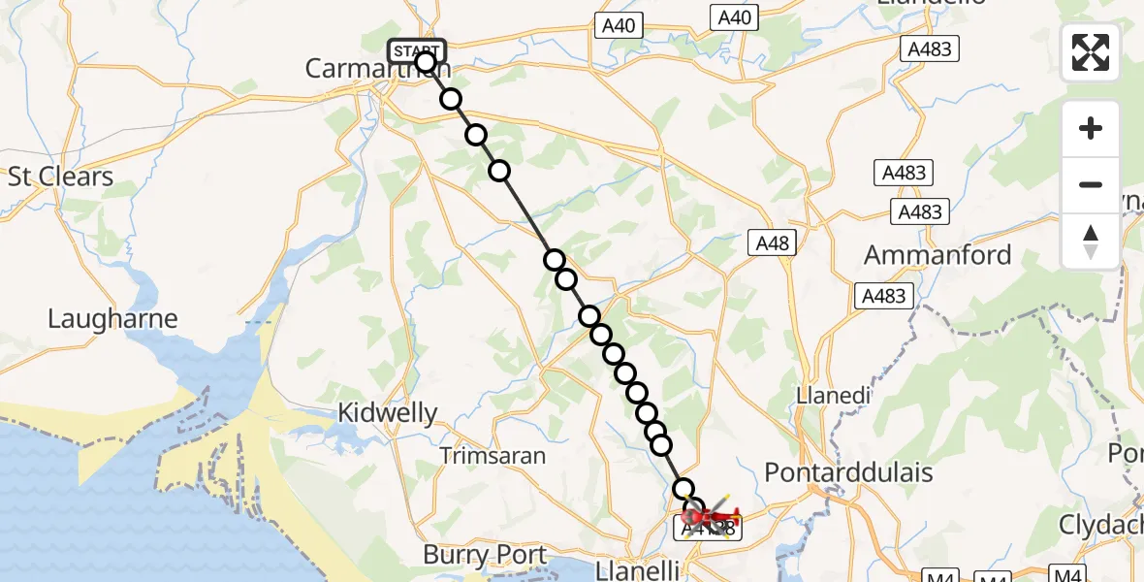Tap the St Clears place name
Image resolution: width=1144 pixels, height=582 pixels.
tap(60, 177)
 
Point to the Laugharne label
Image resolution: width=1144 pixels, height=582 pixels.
tap(113, 319)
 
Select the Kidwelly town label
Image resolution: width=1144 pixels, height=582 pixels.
tap(387, 413)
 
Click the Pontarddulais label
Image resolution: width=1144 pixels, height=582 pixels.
tap(848, 472)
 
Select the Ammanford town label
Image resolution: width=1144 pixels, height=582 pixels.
tap(937, 256)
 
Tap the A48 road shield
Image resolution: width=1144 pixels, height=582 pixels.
tap(772, 243)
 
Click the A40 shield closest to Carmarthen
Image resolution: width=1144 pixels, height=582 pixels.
tap(619, 25)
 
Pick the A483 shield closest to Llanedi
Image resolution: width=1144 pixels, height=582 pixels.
tap(882, 296)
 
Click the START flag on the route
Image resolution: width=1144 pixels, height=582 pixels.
tap(416, 50)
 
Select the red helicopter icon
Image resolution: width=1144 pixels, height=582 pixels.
tap(715, 516)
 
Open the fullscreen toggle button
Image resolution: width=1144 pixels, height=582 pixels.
tap(1091, 53)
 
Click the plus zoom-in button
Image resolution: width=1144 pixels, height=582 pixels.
tap(1091, 128)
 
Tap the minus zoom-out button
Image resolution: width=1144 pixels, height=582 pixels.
tap(1091, 184)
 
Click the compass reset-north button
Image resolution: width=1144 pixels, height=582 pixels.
tap(1091, 240)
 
